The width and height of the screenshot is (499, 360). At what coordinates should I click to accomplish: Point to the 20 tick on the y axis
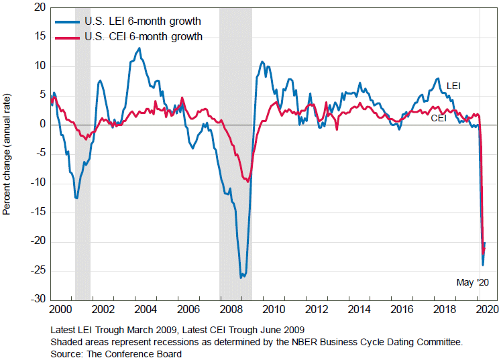click(38, 8)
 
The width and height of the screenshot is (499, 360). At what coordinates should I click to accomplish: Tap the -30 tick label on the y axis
click(37, 299)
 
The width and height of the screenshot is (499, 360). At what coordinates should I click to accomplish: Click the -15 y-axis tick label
click(37, 212)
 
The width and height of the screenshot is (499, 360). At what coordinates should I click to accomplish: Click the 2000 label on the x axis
click(59, 310)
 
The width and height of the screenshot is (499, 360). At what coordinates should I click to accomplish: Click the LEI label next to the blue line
click(453, 86)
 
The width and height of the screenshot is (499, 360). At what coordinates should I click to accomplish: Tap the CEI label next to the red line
click(439, 118)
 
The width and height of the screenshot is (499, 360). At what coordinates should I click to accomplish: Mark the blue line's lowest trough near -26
click(241, 276)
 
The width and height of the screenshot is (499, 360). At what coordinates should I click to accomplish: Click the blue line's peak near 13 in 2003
click(139, 48)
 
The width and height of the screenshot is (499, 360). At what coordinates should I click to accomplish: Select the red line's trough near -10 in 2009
click(248, 181)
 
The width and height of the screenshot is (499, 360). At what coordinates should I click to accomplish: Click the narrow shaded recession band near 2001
click(82, 154)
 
